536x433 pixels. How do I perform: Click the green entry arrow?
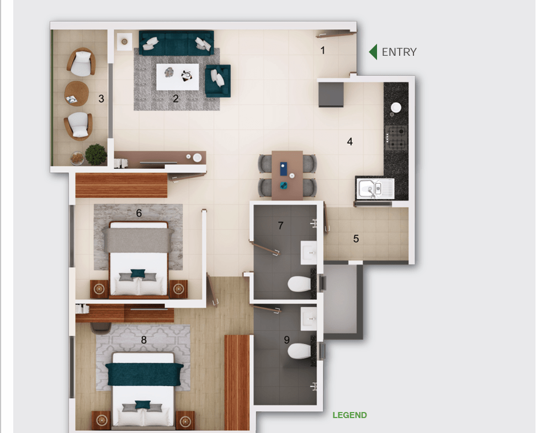374,52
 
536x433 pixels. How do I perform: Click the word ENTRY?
399,52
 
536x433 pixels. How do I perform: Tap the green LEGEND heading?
350,415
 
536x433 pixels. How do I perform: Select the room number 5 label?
356,239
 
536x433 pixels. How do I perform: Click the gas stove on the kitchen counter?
396,138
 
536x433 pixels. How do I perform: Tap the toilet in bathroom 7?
299,284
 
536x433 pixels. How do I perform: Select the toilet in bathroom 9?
299,351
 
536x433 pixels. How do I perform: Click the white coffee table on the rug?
177,77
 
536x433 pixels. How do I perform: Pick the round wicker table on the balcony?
77,94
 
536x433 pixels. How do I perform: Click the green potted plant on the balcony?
95,155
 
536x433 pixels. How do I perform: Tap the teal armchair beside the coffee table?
217,81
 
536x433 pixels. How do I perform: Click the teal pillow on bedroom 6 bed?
138,273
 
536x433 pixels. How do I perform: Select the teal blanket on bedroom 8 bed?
144,374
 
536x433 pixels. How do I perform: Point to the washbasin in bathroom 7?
309,253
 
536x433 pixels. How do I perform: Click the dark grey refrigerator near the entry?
331,94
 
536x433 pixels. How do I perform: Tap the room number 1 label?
322,51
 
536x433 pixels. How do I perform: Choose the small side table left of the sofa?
124,42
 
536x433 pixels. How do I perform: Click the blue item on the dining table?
284,169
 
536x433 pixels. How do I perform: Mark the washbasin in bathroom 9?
309,319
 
